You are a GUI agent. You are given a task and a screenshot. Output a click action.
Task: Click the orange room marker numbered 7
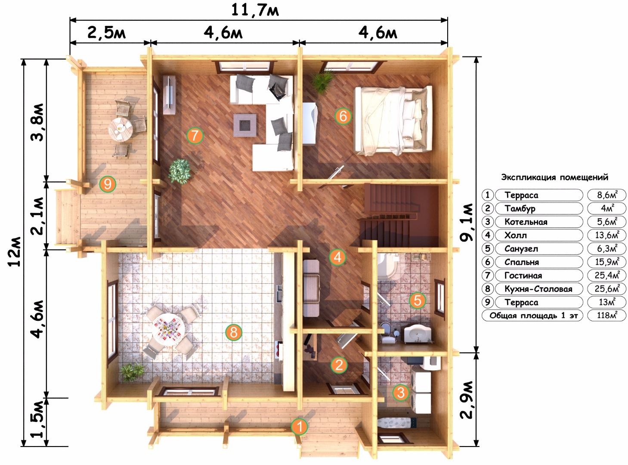click(x=195, y=136)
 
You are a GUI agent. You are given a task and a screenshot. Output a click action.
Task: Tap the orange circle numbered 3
click(x=401, y=393)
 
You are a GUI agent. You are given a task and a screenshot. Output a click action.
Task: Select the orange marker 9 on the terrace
click(x=108, y=184)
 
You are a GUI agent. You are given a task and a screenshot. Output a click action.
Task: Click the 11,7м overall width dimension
click(x=255, y=10)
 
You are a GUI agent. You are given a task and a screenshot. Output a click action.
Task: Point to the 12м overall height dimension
click(x=14, y=251)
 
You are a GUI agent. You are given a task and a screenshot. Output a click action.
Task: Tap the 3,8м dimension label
click(x=37, y=122)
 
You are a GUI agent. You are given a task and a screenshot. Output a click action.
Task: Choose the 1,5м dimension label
click(x=37, y=419)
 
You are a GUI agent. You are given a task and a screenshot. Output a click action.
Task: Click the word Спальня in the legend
click(x=522, y=262)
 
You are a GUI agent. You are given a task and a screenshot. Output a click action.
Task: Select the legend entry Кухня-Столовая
click(x=538, y=289)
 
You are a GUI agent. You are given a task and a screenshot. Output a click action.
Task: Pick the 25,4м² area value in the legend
click(x=607, y=275)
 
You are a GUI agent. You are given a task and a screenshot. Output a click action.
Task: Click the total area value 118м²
click(x=607, y=315)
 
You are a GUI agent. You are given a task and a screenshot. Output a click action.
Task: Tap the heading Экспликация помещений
click(x=555, y=177)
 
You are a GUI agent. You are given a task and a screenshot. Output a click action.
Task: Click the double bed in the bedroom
click(x=393, y=121)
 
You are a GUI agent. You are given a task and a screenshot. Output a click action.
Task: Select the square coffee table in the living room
click(x=245, y=125)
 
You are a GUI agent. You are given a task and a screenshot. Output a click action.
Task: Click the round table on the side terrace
click(x=121, y=129)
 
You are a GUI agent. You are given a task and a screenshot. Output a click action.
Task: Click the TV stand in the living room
click(x=169, y=95)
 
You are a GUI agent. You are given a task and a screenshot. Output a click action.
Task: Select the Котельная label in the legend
click(x=526, y=222)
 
